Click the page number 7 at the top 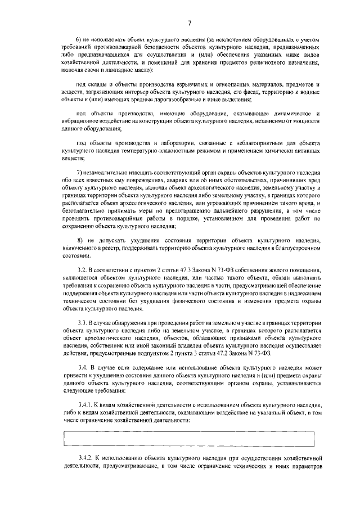point(190,23)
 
